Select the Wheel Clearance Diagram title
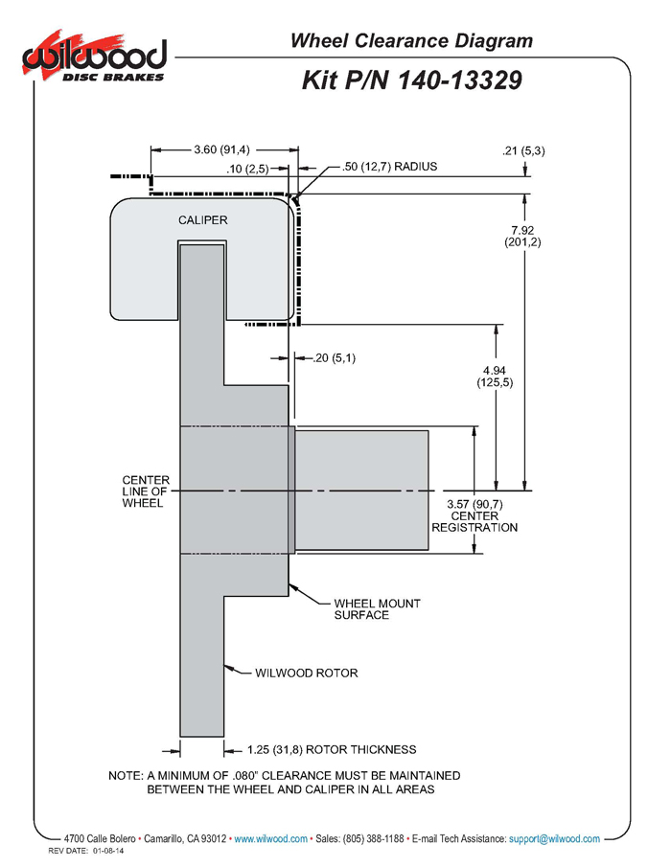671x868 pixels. tap(411, 41)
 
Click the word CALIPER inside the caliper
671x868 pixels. tap(203, 220)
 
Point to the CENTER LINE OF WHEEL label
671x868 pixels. tap(146, 491)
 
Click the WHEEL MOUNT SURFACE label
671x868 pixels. tap(378, 609)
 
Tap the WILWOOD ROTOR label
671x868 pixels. tap(307, 674)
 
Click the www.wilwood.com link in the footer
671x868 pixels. tap(270, 838)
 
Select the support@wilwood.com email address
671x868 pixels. tap(554, 838)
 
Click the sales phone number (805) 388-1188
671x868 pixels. tap(374, 838)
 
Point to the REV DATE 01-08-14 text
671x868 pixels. tap(86, 851)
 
